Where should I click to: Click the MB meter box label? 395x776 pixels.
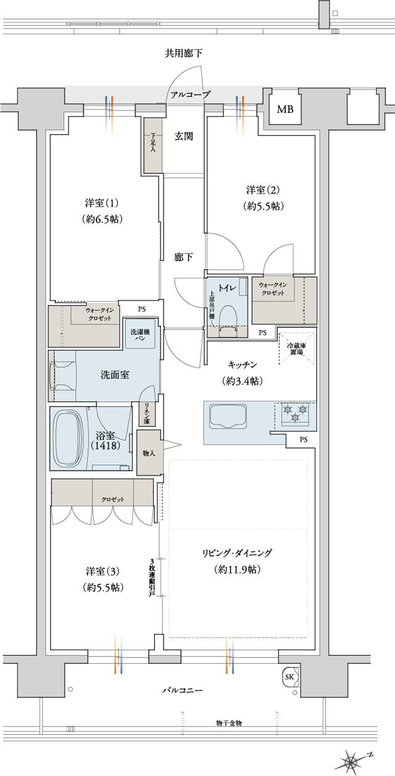(285, 110)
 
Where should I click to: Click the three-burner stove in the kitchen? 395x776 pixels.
(295, 413)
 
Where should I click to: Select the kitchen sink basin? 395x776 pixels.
(228, 415)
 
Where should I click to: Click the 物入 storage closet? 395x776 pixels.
(149, 453)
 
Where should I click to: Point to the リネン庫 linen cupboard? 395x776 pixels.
(148, 413)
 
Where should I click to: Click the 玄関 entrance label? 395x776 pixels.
(183, 136)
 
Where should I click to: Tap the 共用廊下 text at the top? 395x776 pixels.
(183, 54)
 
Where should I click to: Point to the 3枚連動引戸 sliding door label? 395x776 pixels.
(152, 576)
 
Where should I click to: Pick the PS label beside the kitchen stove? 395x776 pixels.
(303, 440)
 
